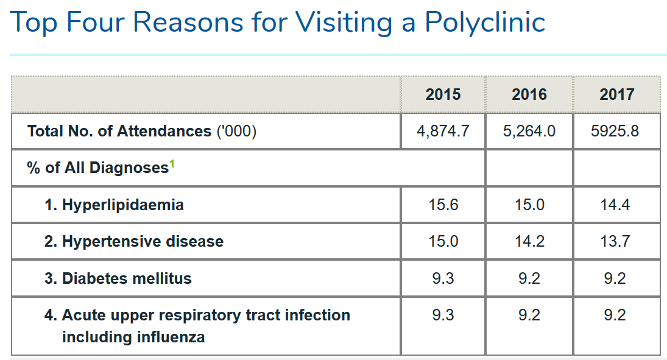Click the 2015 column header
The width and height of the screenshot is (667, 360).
[x=443, y=94]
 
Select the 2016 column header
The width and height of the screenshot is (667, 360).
[x=529, y=94]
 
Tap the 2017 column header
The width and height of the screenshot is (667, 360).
[x=617, y=94]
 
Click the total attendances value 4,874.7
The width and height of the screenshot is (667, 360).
[x=443, y=131]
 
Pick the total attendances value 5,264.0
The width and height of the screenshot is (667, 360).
[x=529, y=131]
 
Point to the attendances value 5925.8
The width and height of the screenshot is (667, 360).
[x=615, y=131]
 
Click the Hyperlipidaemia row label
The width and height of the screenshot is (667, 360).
[x=114, y=205]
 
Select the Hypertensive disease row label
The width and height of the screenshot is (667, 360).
[x=134, y=241]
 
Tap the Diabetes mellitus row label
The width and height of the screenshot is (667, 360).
[x=118, y=278]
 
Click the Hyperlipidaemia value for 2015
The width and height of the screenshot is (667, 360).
[x=443, y=205]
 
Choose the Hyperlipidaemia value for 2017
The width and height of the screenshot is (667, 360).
[x=615, y=205]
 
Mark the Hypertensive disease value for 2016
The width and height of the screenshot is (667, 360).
[x=529, y=241]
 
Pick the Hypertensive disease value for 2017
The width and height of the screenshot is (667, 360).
[x=615, y=241]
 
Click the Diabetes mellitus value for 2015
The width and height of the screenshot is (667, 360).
[x=443, y=278]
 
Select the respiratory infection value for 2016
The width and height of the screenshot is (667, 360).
[x=529, y=316]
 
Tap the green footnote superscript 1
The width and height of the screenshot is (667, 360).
[x=172, y=163]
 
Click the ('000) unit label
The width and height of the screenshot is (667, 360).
[x=236, y=131]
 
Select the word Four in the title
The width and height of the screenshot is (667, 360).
[x=96, y=22]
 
